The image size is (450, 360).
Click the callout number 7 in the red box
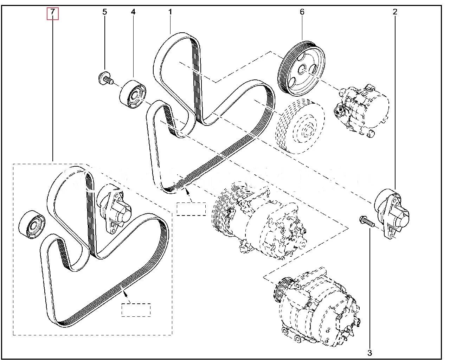coord(52,12)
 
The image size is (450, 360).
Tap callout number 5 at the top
coord(104,12)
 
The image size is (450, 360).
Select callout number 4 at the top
coord(133,12)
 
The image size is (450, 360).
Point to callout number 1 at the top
coord(170,12)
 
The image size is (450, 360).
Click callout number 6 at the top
coord(302,12)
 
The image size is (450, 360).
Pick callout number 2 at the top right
coord(395,12)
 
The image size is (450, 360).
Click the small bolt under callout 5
coord(105,78)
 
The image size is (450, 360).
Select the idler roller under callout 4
coord(132,95)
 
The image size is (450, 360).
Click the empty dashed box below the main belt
coord(191,209)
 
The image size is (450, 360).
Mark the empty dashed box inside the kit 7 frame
coord(136,310)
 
